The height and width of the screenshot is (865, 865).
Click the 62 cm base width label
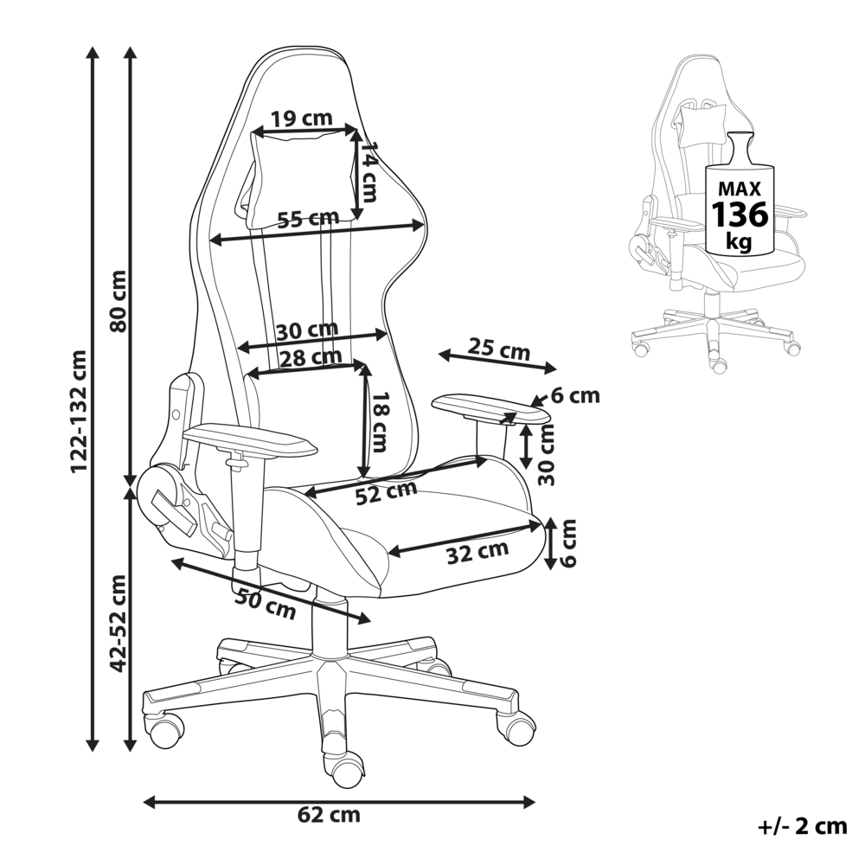click(329, 815)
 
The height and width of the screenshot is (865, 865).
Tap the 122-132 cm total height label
click(80, 410)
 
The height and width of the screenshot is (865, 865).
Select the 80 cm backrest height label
click(119, 300)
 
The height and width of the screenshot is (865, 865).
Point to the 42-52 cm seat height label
click(119, 621)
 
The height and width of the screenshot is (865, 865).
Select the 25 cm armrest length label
click(499, 349)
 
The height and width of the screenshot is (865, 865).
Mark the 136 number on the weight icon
click(739, 214)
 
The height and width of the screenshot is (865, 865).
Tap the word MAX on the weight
click(739, 188)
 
